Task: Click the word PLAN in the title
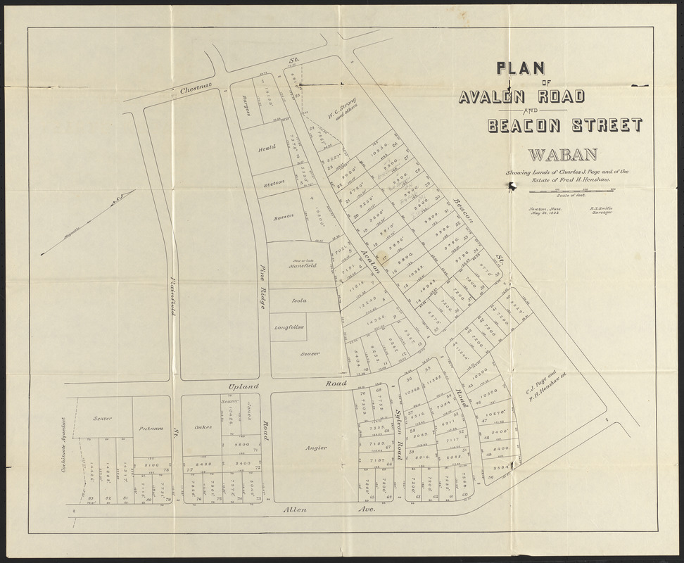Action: tap(521, 68)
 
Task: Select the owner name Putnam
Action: tap(151, 427)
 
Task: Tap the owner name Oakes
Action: tap(203, 426)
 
